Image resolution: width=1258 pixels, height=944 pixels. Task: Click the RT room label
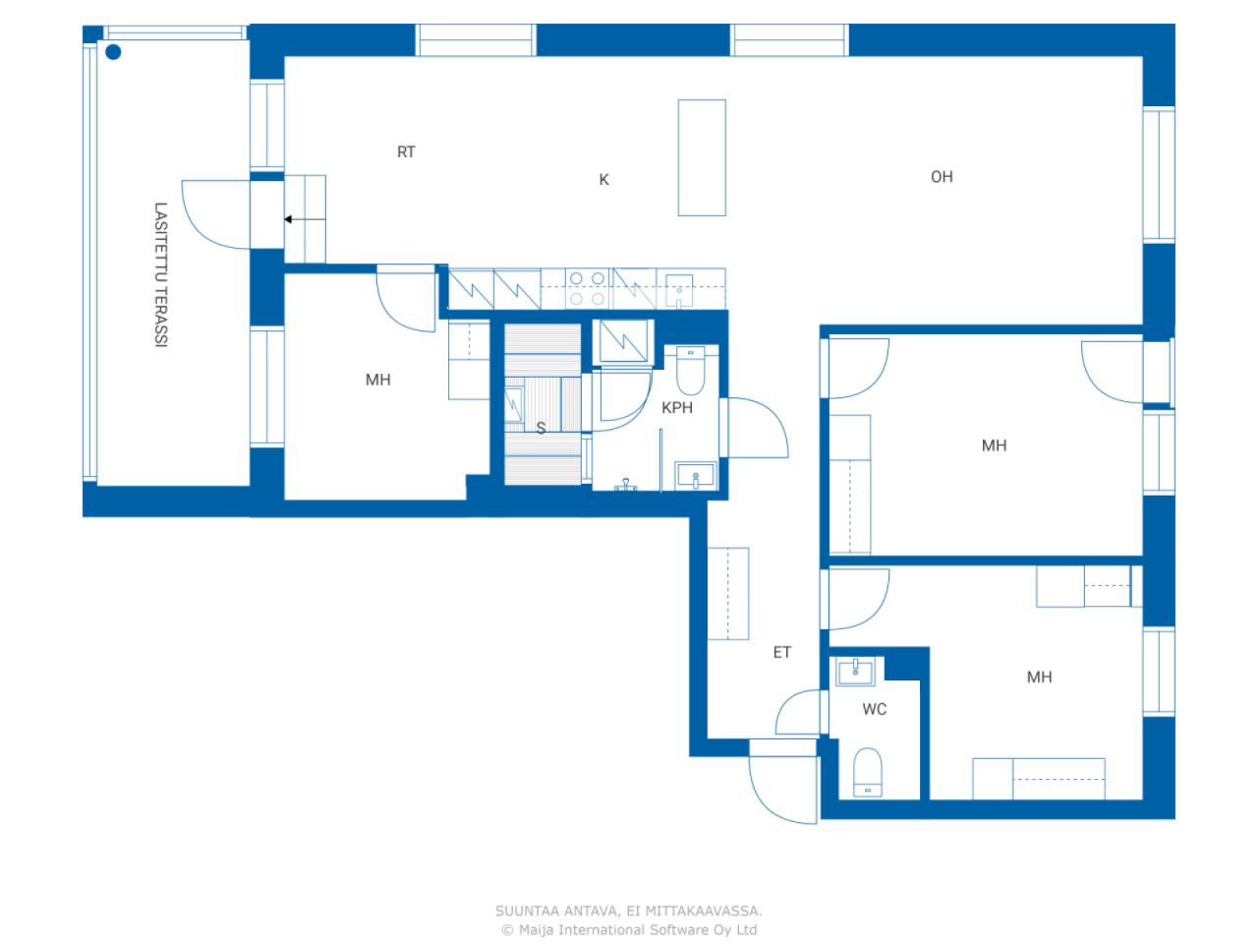(406, 152)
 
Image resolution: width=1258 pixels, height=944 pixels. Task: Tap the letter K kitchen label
(603, 180)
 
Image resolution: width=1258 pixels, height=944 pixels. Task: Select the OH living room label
(942, 177)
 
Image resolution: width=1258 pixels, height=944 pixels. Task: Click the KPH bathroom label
(677, 408)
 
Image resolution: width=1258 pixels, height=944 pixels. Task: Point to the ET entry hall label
(781, 653)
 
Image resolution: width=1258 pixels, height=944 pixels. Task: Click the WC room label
(874, 709)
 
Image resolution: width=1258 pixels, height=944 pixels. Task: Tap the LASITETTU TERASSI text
(160, 275)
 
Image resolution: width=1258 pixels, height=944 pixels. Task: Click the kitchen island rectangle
(702, 157)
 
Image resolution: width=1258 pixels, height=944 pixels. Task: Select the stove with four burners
(587, 289)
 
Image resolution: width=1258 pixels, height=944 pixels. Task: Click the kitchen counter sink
(679, 292)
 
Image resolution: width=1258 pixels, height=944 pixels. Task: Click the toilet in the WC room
(868, 772)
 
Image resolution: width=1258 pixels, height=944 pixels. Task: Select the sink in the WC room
(855, 673)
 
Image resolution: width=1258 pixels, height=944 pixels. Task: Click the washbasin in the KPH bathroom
(696, 477)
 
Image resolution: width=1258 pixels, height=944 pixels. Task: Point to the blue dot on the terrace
(113, 52)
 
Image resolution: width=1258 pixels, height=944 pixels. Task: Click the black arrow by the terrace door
(289, 219)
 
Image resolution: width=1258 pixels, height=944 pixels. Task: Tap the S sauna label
(541, 429)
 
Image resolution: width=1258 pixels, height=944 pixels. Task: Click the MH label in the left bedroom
(377, 381)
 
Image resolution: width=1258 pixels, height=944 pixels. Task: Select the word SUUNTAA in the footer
(527, 912)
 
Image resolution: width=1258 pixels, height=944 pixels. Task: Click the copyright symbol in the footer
(507, 930)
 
